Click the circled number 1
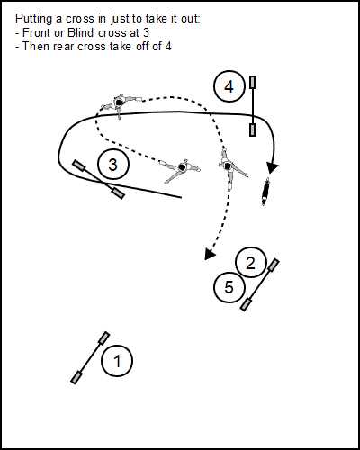[117, 361]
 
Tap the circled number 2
[251, 263]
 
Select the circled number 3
[113, 165]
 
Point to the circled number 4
[229, 86]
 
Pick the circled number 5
[229, 287]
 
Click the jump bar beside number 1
[90, 357]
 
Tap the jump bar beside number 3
[99, 179]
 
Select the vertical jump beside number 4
[253, 106]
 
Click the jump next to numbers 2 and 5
[260, 284]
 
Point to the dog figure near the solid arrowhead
[265, 192]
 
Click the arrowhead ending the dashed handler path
[210, 254]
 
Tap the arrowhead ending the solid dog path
[273, 168]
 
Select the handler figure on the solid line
[122, 103]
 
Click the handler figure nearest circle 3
[180, 169]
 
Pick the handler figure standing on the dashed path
[230, 166]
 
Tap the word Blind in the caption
[81, 32]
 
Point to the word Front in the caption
[37, 32]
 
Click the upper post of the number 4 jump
[253, 83]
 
